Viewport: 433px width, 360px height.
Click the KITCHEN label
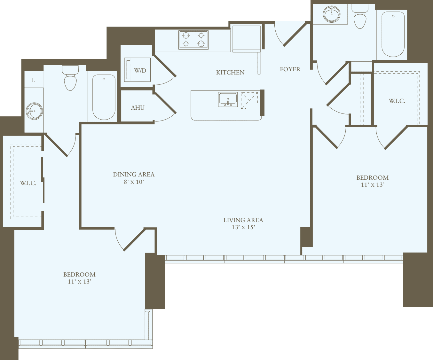coord(230,73)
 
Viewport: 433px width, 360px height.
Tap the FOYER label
coord(290,69)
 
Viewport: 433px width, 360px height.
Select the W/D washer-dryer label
coord(140,71)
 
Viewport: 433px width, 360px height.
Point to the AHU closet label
coord(138,108)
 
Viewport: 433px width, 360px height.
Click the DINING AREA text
coord(134,175)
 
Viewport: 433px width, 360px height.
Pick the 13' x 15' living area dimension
coord(243,227)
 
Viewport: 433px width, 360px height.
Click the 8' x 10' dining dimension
coord(134,182)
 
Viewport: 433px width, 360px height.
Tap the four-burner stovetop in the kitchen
coord(193,40)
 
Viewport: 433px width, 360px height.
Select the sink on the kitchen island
coord(228,99)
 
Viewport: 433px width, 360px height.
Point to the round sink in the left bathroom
coord(34,111)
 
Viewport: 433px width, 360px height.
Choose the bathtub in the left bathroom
coord(104,97)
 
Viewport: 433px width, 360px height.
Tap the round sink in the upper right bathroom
coord(332,14)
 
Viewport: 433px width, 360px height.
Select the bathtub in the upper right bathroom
coord(393,35)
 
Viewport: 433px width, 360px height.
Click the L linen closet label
coord(33,80)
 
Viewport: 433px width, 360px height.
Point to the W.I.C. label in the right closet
coord(397,101)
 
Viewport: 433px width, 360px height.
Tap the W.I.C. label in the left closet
coord(28,183)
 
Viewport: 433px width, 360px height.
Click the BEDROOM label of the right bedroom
coord(373,177)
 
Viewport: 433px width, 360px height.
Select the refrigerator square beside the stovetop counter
coord(246,38)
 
